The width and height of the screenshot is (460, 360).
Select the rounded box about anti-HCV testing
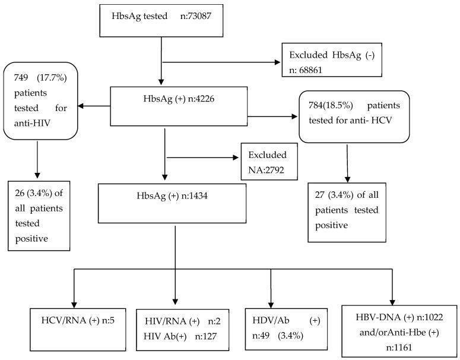(x=354, y=117)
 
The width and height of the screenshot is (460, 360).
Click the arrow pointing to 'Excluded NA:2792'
(x=202, y=159)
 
